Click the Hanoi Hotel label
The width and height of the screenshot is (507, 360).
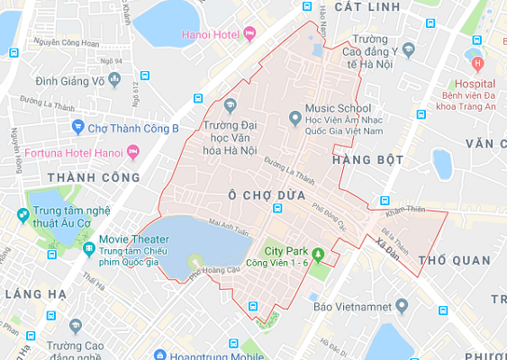[199, 35]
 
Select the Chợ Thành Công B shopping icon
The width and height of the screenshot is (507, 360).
[77, 128]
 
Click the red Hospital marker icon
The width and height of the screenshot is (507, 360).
[478, 65]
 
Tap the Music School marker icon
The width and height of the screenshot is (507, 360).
[294, 117]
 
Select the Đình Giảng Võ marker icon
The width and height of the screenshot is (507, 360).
[113, 80]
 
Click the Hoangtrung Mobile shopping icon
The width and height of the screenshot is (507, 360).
[160, 355]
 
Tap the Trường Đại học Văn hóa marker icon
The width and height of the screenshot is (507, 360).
[230, 104]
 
